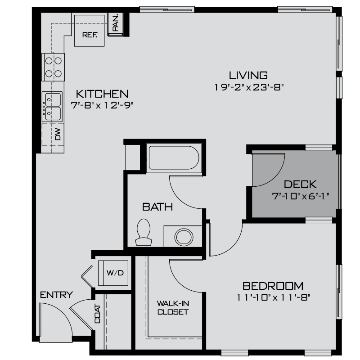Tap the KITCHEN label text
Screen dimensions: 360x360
coord(102,94)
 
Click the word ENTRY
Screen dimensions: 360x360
coord(56,295)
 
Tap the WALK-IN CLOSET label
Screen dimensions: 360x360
coord(173,307)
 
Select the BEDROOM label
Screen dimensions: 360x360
coord(273,286)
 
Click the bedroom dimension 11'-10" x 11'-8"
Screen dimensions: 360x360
coord(273,297)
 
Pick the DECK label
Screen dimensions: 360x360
coord(301,184)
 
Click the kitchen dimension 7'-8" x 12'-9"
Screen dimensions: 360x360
coord(102,105)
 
